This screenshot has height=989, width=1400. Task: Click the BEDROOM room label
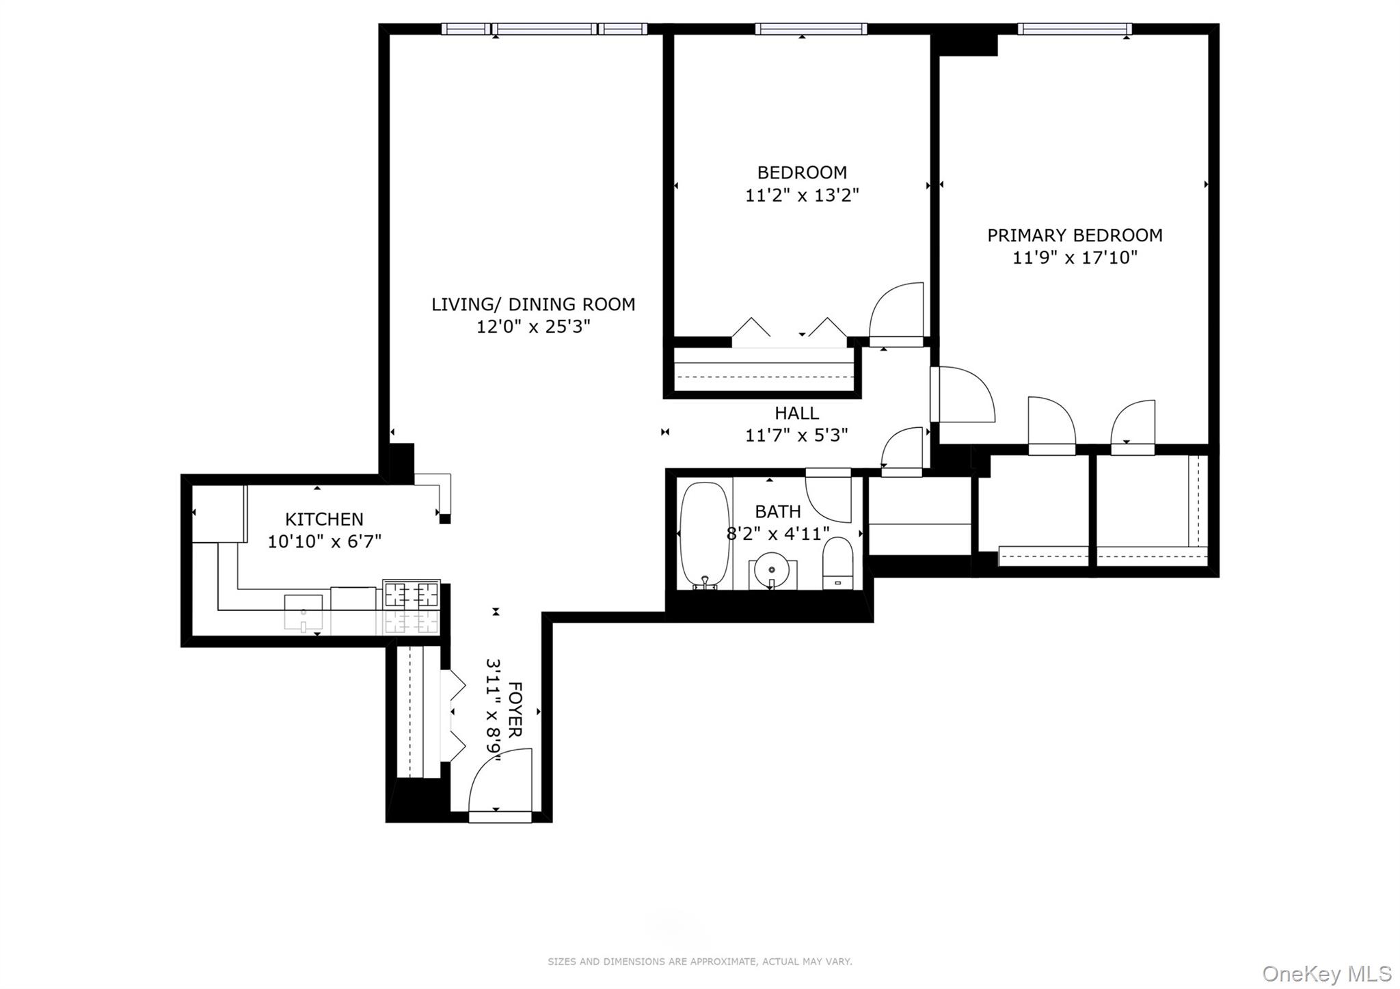coord(801,172)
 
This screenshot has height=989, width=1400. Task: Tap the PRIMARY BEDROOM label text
coord(1074,235)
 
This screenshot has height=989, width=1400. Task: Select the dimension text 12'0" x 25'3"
coord(533,327)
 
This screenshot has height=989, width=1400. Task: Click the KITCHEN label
coord(324,519)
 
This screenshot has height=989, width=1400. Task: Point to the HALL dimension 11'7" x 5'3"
coord(796,435)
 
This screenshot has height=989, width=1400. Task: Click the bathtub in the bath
coord(704,534)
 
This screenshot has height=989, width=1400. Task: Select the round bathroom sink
coord(772,568)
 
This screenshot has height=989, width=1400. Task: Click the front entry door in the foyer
coord(500,786)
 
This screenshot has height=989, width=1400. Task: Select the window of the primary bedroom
coord(1073,29)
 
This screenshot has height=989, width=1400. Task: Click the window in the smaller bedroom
coord(811,29)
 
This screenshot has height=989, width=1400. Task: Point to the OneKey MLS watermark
coord(1326,973)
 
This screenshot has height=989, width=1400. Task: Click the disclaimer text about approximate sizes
coord(699,962)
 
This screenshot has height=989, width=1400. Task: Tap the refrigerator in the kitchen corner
coord(218,513)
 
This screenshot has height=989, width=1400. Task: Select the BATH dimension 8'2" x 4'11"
coord(777,534)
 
